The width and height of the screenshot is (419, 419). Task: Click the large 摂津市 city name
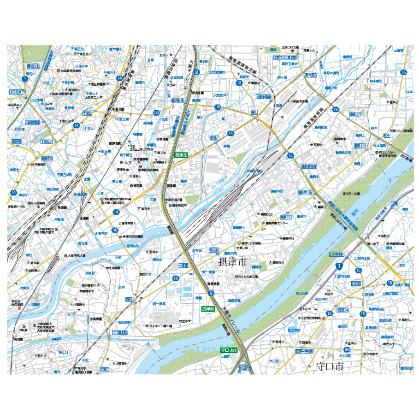click(x=232, y=263)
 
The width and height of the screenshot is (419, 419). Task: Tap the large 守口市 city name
click(x=330, y=367)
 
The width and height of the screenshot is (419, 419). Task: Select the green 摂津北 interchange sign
click(x=181, y=156)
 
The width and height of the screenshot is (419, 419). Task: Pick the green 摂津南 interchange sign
click(x=208, y=309)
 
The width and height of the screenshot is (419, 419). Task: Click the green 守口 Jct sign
click(x=229, y=350)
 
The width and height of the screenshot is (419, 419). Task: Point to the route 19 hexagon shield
click(x=336, y=109)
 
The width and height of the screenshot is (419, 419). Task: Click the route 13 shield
click(x=330, y=313)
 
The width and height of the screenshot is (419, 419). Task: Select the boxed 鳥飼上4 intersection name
click(x=355, y=114)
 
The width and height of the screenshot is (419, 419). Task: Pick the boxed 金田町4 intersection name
click(x=342, y=310)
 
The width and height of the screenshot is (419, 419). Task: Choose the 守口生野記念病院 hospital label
click(x=311, y=318)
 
